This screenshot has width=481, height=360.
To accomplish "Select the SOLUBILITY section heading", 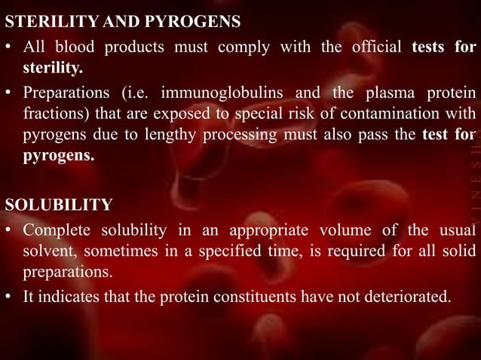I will tap(59, 205).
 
